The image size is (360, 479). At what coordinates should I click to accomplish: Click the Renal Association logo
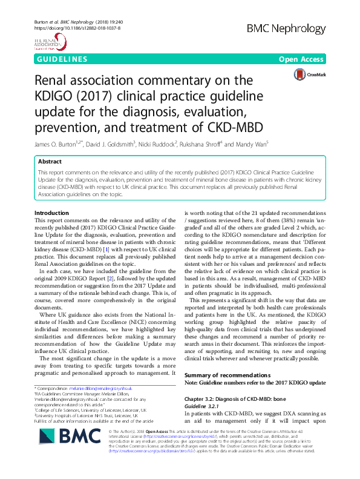coord(50,43)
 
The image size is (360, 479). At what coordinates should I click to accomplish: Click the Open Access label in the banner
coord(301,60)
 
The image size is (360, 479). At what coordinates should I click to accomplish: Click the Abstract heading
coord(50,162)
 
